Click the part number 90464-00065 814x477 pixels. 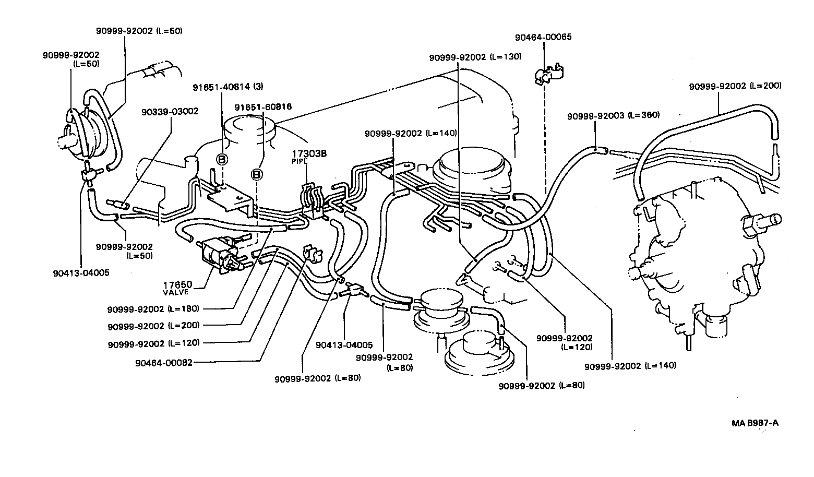(543, 37)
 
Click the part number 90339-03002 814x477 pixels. (170, 111)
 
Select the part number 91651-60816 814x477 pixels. (262, 107)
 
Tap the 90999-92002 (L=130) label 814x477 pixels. (475, 57)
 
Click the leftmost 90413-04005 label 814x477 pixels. (81, 272)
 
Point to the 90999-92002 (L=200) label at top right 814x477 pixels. (735, 86)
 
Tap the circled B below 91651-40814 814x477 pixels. (222, 159)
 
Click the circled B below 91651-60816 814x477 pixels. (257, 174)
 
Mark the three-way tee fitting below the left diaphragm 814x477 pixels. (88, 174)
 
